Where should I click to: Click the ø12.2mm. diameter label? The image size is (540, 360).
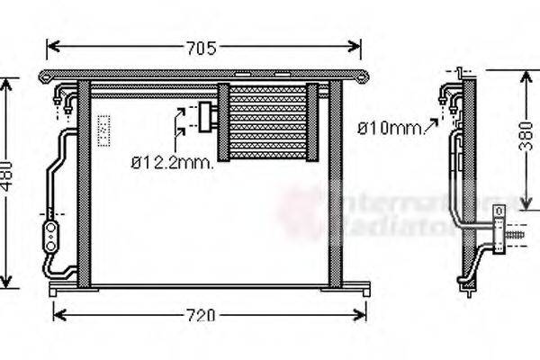tap(172, 162)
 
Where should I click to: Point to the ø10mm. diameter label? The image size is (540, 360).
tap(390, 128)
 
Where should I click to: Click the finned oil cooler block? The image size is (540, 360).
tap(267, 121)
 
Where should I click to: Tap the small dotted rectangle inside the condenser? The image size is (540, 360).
tap(103, 130)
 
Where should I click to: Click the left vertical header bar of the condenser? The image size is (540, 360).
tap(84, 184)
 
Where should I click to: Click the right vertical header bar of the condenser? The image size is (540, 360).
tap(336, 184)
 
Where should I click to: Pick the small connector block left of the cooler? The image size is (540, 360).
tap(209, 115)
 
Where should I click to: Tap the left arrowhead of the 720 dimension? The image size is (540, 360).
tap(58, 314)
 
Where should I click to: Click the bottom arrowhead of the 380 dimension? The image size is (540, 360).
tap(525, 202)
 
